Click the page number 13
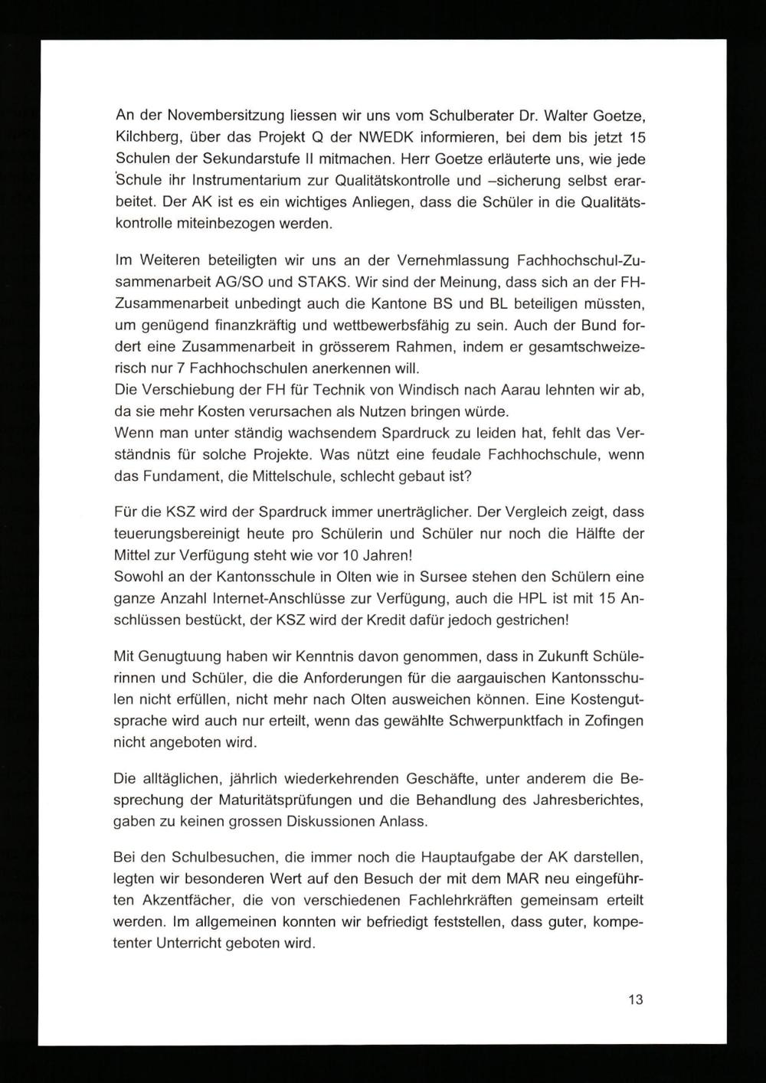635,1000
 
